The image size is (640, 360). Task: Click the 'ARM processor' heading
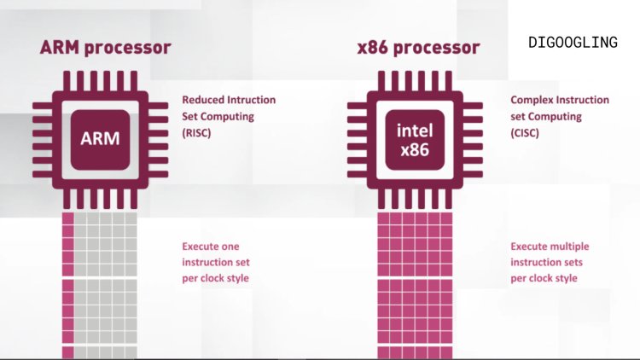pyautogui.click(x=105, y=48)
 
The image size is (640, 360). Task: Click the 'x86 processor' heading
pyautogui.click(x=418, y=48)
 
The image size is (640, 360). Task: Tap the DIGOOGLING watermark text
pyautogui.click(x=572, y=41)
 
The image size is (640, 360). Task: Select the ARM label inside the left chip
pyautogui.click(x=100, y=138)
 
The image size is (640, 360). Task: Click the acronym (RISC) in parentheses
pyautogui.click(x=197, y=132)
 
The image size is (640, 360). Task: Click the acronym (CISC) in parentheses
pyautogui.click(x=525, y=132)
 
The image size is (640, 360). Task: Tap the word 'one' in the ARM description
pyautogui.click(x=230, y=247)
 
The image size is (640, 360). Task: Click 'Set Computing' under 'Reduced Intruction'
pyautogui.click(x=217, y=116)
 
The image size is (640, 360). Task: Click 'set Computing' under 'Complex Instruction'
pyautogui.click(x=545, y=116)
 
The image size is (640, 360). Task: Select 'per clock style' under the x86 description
pyautogui.click(x=544, y=278)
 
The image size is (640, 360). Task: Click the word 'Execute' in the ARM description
pyautogui.click(x=201, y=247)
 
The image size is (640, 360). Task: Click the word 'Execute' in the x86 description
pyautogui.click(x=529, y=247)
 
